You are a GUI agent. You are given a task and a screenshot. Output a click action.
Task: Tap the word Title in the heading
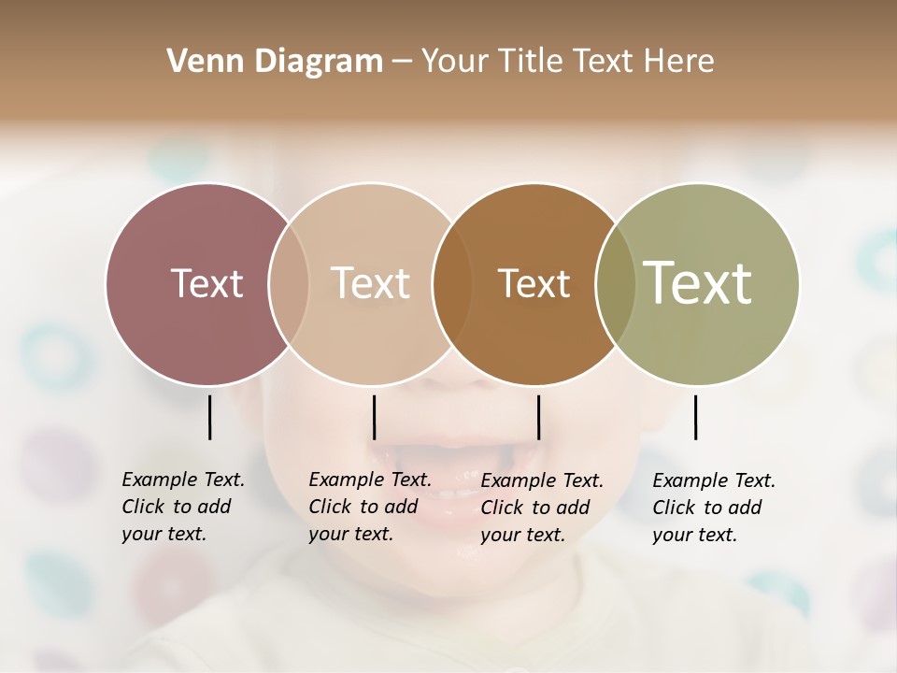532,62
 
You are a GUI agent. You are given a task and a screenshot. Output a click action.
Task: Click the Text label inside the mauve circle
206,283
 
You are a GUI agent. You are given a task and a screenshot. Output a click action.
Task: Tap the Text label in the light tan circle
371,283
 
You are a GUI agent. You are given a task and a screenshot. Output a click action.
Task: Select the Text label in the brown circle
534,283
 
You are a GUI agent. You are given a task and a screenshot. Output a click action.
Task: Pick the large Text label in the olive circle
698,283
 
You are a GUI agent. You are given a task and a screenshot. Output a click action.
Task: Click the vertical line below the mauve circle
210,417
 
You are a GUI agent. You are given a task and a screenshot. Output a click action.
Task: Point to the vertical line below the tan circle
374,417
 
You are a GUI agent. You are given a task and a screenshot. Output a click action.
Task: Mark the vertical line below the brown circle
538,417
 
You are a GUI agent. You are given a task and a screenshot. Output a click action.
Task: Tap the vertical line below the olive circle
696,417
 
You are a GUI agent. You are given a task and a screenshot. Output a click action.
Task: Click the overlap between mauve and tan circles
289,283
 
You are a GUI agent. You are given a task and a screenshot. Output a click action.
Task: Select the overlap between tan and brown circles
450,283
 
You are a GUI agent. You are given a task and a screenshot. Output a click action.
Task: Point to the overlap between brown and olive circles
615,283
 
